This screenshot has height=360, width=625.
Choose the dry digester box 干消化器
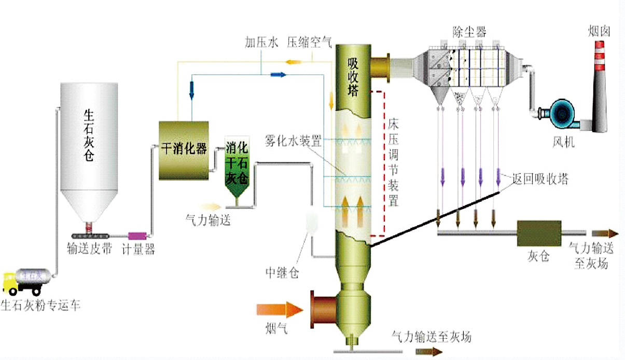pyautogui.click(x=183, y=150)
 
